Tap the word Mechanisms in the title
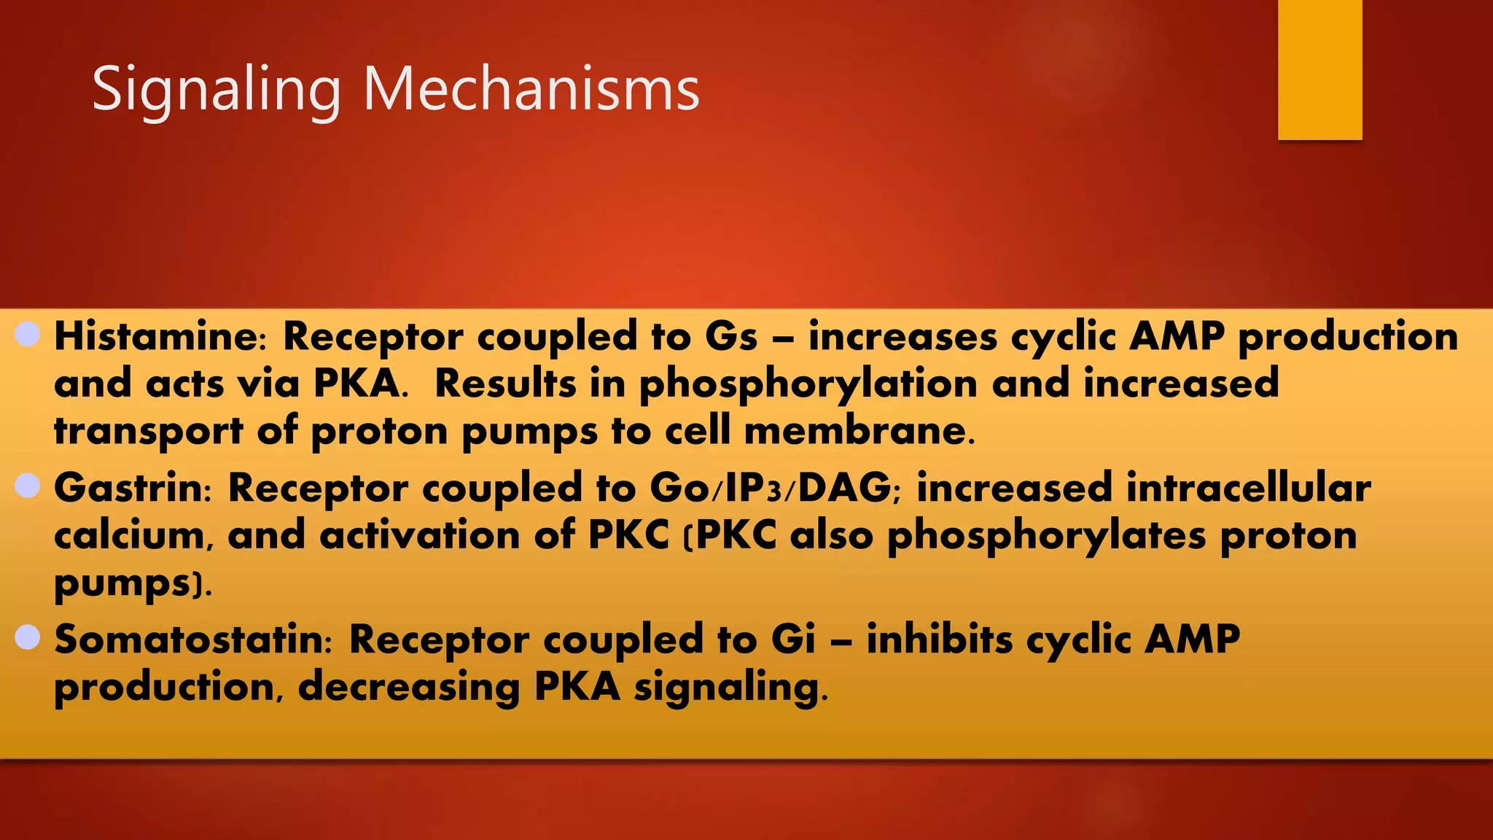[531, 90]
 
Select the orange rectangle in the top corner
[1319, 69]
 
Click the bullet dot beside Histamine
[28, 335]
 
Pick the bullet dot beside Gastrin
[28, 486]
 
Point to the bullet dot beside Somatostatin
[28, 637]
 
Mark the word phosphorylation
[808, 385]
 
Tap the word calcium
[134, 536]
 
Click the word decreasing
[408, 688]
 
